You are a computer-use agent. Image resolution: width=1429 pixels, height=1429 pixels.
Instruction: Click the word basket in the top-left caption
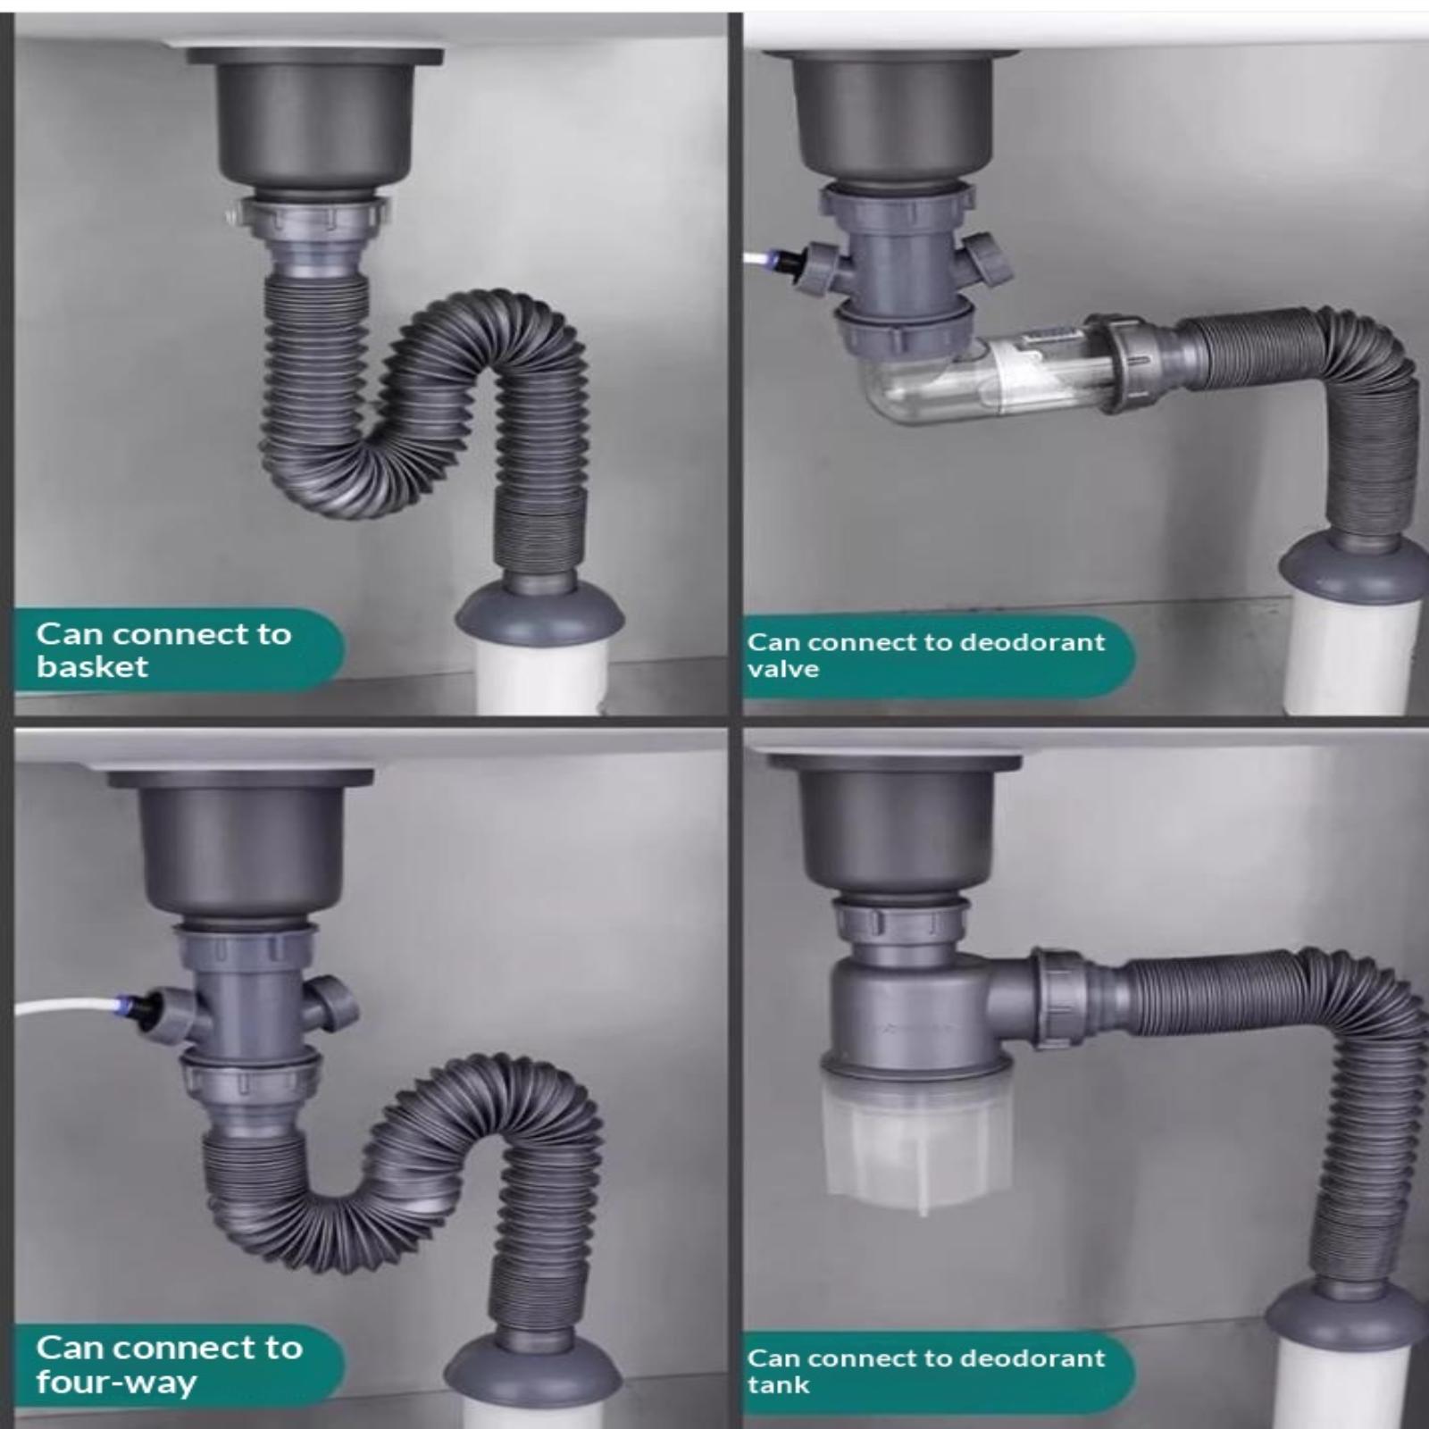92,667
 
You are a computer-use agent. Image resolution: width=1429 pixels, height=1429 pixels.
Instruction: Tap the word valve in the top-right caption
783,669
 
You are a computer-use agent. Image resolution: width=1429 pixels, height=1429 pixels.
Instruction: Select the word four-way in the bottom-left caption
116,1383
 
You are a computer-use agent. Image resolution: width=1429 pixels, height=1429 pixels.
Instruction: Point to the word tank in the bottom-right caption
779,1385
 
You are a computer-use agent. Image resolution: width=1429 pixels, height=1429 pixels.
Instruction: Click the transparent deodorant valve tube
982,375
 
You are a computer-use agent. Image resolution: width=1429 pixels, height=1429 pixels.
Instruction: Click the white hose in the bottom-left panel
67,1006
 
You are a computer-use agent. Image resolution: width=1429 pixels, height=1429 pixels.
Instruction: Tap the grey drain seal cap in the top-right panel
1352,567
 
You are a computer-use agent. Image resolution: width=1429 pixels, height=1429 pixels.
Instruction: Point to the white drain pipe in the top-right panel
1352,656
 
